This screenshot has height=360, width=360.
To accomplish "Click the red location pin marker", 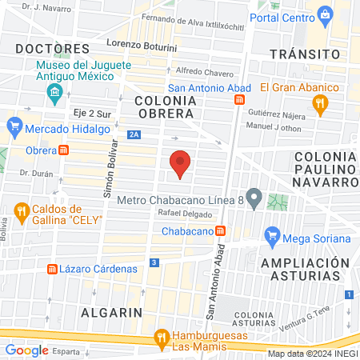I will tap(181, 163).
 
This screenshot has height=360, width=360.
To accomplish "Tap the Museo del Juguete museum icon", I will tap(54, 94).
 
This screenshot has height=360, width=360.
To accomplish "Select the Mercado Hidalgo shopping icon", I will tap(14, 126).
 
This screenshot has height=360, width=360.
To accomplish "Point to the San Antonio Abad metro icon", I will tap(239, 99).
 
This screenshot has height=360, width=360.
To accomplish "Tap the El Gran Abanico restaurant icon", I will tap(320, 102).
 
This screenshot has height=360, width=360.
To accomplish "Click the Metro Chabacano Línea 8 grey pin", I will tap(254, 197).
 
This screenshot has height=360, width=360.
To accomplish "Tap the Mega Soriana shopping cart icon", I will tap(273, 236).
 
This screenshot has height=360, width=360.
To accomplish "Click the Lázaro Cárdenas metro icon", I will tap(53, 269).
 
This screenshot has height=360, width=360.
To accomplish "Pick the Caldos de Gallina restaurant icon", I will tap(21, 210).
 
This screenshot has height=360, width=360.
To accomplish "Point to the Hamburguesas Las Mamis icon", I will tap(162, 337).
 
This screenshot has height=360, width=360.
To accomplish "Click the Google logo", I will tap(26, 350).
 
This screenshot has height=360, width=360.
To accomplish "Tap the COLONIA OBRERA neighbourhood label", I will tap(165, 107).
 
